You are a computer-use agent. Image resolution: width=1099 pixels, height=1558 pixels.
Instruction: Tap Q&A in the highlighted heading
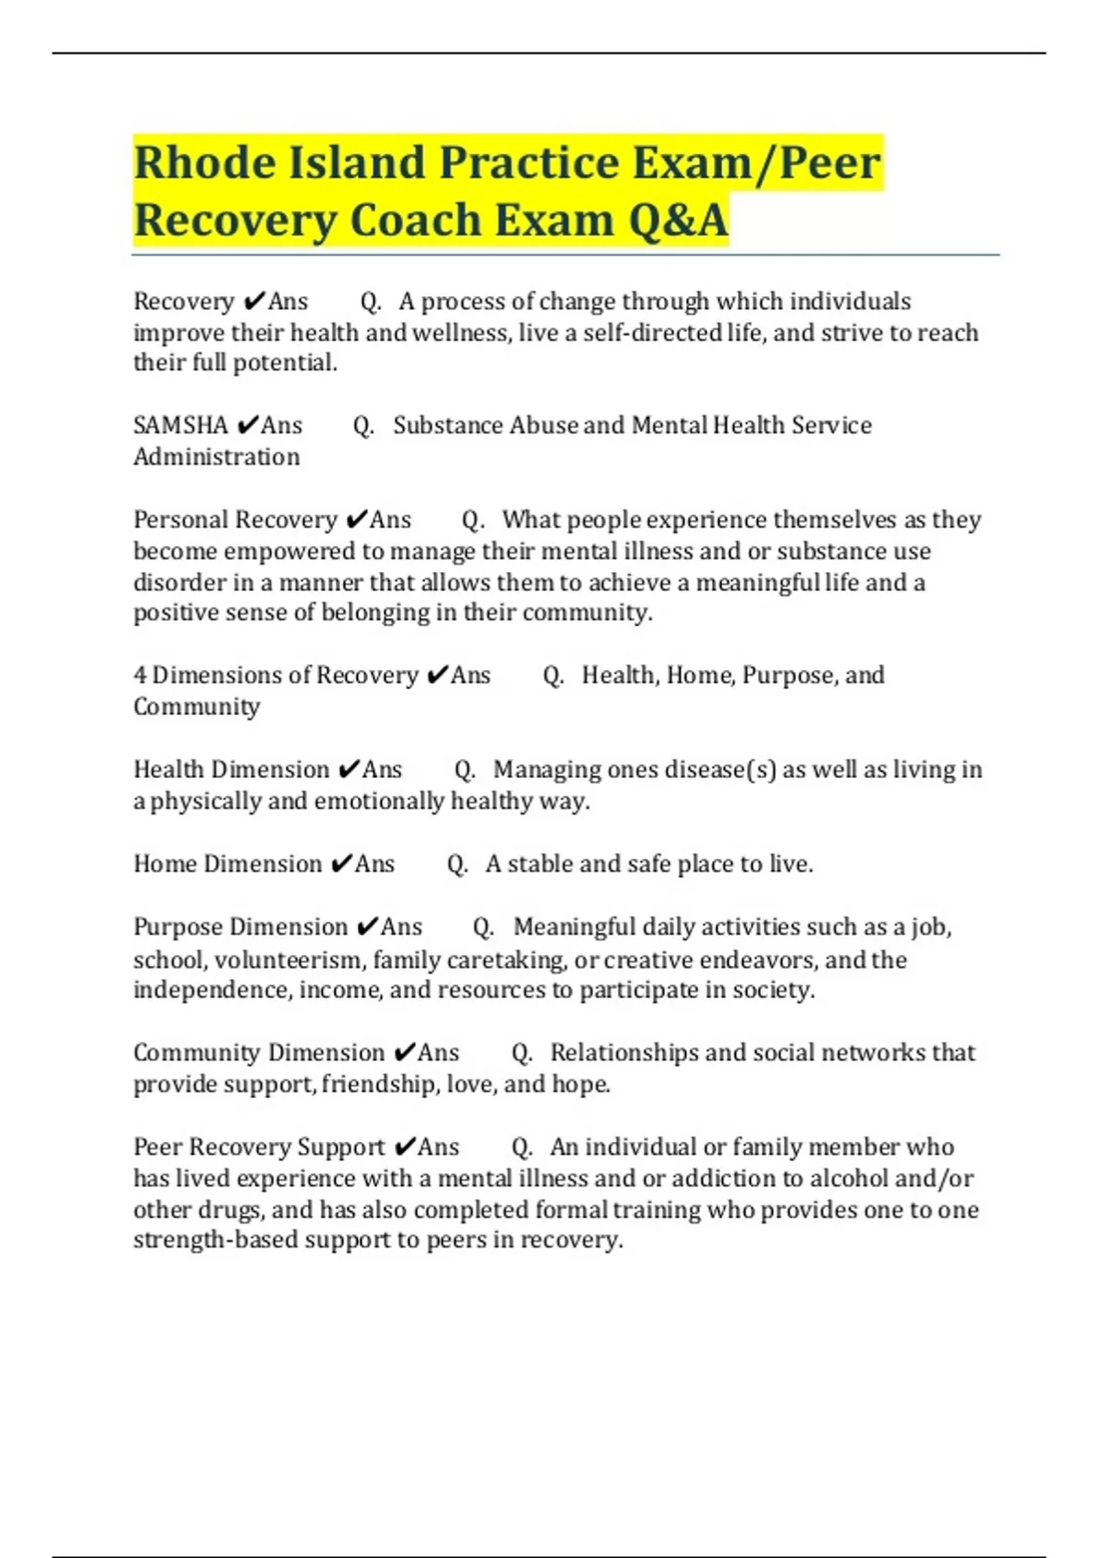pyautogui.click(x=678, y=221)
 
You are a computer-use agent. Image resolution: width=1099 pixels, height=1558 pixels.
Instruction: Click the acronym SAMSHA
pyautogui.click(x=180, y=425)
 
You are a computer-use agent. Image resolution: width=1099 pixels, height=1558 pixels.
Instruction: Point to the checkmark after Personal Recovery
pyautogui.click(x=356, y=521)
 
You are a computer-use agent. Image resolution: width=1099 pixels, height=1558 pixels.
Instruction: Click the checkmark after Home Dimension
pyautogui.click(x=341, y=864)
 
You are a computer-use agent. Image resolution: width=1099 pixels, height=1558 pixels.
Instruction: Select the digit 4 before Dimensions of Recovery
pyautogui.click(x=140, y=675)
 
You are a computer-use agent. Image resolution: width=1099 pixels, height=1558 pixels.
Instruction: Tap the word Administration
pyautogui.click(x=216, y=456)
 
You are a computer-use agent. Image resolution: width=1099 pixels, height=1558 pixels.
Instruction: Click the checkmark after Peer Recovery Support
pyautogui.click(x=404, y=1147)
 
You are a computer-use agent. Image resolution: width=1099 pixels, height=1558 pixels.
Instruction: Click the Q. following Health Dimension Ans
pyautogui.click(x=464, y=770)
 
